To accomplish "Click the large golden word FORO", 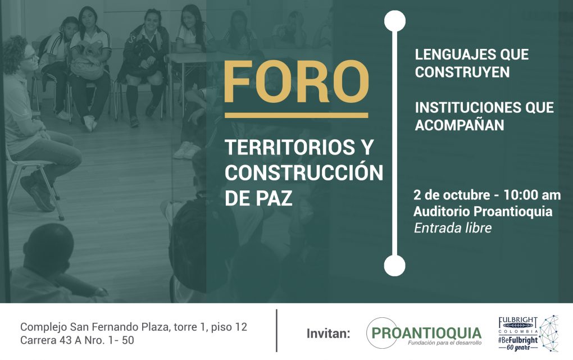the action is click(x=297, y=81).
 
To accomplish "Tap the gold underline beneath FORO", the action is click(x=297, y=116).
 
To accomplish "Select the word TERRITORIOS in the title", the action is click(x=285, y=147).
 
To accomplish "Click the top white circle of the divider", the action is click(x=395, y=21).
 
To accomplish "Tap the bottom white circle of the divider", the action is click(x=395, y=265).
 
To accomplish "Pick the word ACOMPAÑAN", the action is click(x=460, y=125).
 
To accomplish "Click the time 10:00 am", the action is click(x=532, y=195).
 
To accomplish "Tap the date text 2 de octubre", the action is click(x=451, y=195).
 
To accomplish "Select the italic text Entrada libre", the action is click(x=453, y=228).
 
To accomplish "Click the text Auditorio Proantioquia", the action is click(x=483, y=211).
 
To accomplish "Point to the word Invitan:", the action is click(x=328, y=333).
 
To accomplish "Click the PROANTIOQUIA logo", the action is click(x=424, y=333).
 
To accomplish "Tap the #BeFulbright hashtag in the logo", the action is click(x=518, y=340).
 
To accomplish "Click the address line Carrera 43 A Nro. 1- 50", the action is click(x=77, y=340).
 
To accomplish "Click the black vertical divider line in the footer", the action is click(x=276, y=330).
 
